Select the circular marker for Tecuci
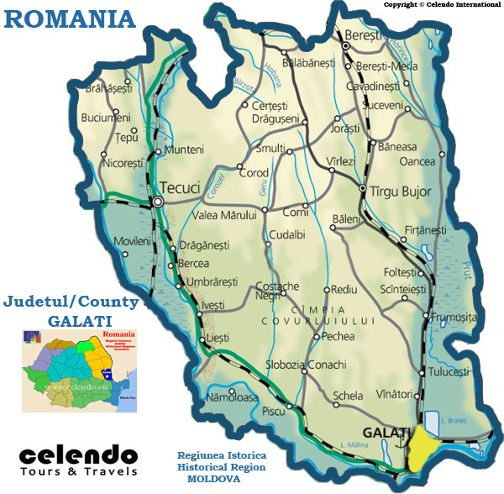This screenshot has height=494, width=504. click(158, 202)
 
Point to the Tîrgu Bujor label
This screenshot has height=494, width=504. click(398, 192)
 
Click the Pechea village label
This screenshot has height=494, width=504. click(339, 336)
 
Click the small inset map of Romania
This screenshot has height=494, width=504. click(78, 370)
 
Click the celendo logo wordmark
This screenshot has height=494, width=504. click(78, 457)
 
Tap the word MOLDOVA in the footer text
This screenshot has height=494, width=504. click(213, 478)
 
